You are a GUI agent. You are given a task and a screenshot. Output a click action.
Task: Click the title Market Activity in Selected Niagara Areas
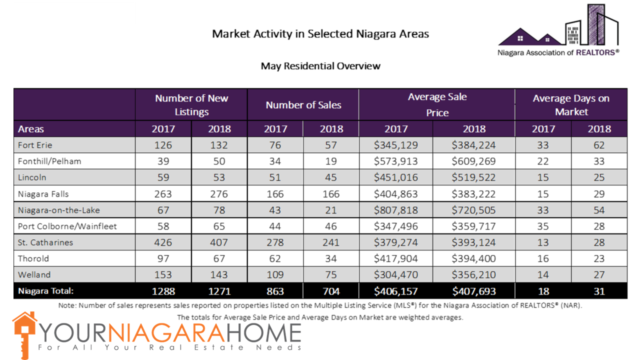pos(320,34)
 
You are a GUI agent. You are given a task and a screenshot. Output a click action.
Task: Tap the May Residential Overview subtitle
pos(320,65)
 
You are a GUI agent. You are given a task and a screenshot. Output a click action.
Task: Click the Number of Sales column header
pos(303,105)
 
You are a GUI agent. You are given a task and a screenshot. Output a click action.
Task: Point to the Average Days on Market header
pos(571,105)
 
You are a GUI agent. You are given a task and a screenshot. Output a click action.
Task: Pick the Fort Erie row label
pos(35,145)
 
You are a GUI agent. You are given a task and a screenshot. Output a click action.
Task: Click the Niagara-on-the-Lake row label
pos(59,210)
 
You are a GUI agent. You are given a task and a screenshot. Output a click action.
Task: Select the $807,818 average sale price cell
pos(396,210)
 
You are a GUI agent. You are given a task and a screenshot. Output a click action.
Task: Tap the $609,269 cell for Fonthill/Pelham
pos(474,161)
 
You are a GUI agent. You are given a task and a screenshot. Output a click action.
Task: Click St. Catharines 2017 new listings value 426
pos(163,242)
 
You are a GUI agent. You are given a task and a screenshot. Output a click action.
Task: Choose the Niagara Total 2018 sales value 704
pos(331,291)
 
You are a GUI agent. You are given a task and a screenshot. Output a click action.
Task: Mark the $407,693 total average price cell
pos(474,291)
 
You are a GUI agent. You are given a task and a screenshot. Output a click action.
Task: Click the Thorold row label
pos(33,258)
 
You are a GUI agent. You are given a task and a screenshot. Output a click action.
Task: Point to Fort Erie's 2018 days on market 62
pos(599,145)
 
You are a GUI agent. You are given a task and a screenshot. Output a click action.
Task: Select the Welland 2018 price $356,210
pos(474,274)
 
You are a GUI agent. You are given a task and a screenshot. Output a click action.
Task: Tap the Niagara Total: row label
pos(46,291)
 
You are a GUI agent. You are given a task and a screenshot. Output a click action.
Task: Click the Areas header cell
pos(31,129)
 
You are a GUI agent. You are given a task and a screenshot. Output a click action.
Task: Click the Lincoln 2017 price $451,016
pos(396,177)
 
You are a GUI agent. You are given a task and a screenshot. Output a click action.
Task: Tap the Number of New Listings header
pos(191,105)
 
